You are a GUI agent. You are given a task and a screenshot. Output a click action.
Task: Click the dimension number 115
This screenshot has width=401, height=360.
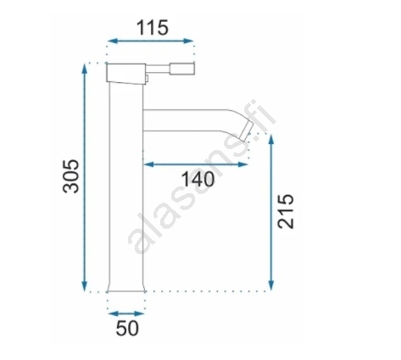[153, 28]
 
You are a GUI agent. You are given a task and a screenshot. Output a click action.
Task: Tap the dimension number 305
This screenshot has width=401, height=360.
[70, 176]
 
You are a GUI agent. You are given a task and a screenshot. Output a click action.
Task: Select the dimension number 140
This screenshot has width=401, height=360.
[198, 180]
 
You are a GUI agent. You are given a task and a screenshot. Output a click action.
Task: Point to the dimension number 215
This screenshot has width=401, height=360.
[286, 211]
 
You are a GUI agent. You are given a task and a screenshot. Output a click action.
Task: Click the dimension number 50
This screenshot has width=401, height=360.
[127, 328]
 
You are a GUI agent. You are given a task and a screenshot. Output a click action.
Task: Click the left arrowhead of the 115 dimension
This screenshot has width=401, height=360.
[112, 42]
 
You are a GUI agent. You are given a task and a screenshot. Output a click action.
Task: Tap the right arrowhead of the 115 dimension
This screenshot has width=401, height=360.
[188, 42]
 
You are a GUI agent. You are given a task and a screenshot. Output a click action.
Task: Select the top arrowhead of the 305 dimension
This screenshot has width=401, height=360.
[84, 69]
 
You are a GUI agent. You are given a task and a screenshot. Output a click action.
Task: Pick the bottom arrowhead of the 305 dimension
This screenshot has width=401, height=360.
[84, 285]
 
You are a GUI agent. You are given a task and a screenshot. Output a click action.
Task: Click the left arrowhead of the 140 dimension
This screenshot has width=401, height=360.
[149, 164]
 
